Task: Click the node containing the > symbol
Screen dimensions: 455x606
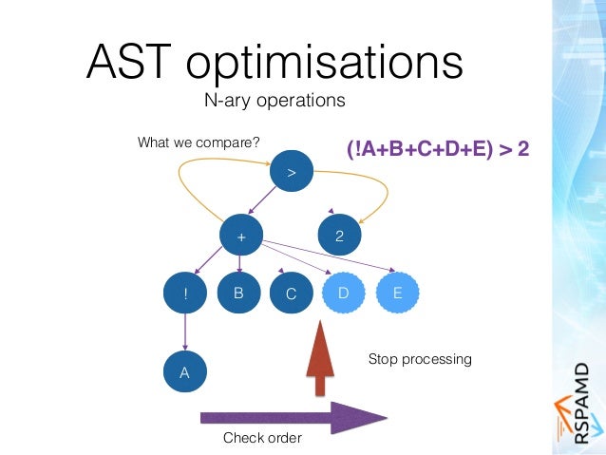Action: [292, 173]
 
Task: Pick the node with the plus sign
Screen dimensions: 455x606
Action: [240, 234]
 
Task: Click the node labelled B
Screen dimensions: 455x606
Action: [238, 294]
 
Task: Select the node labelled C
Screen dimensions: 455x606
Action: [292, 294]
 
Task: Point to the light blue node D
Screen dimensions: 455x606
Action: [344, 294]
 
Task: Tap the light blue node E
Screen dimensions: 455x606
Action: [397, 294]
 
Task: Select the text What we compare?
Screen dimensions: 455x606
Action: [199, 143]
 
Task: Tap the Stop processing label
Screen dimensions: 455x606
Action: [419, 360]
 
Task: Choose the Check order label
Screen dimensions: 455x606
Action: [262, 438]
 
